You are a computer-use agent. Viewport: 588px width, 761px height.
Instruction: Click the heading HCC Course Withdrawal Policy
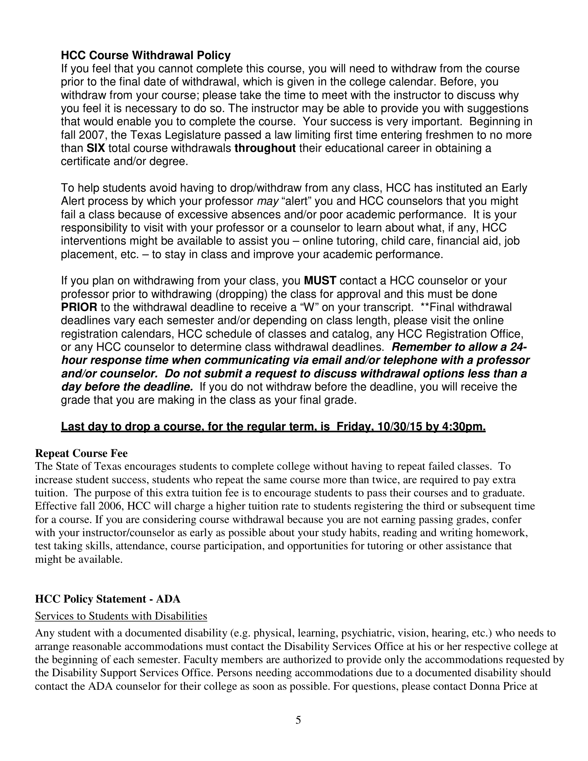tap(146, 55)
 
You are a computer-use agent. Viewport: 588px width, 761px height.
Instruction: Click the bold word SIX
tap(96, 148)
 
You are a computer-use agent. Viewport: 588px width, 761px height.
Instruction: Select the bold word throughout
tap(265, 148)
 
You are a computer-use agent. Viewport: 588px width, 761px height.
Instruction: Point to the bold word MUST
tap(320, 281)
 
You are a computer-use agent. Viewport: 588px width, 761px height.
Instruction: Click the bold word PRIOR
tap(79, 307)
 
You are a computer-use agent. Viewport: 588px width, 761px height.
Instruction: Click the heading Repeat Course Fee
tap(81, 453)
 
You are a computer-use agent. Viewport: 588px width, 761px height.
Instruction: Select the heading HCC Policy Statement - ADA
tap(108, 599)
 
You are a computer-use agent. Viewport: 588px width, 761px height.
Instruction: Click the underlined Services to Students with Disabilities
tap(121, 616)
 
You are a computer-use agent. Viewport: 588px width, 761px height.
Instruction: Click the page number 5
tap(298, 720)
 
